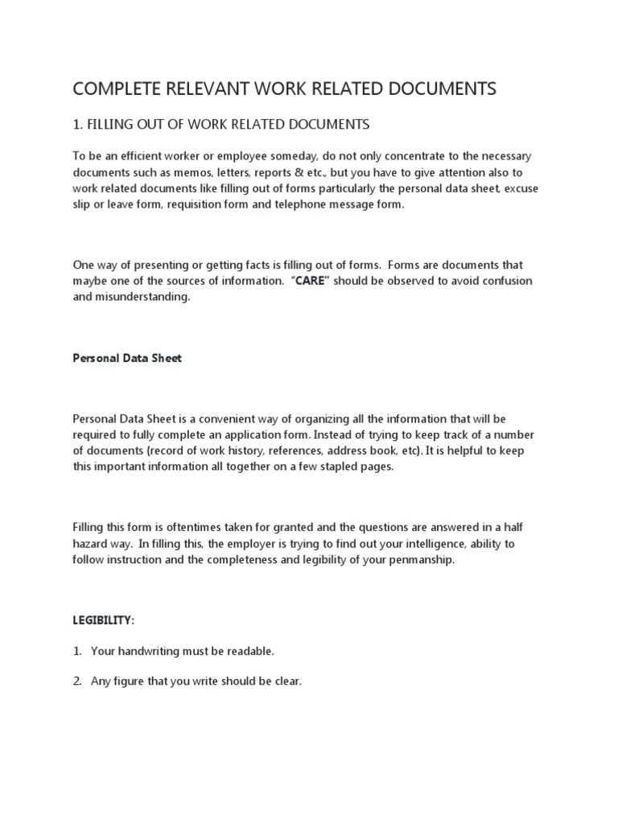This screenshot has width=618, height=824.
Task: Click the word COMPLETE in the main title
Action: pyautogui.click(x=113, y=89)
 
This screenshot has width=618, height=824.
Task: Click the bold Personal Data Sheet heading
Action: pyautogui.click(x=127, y=358)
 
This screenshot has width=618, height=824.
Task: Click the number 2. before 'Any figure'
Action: pyautogui.click(x=78, y=681)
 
